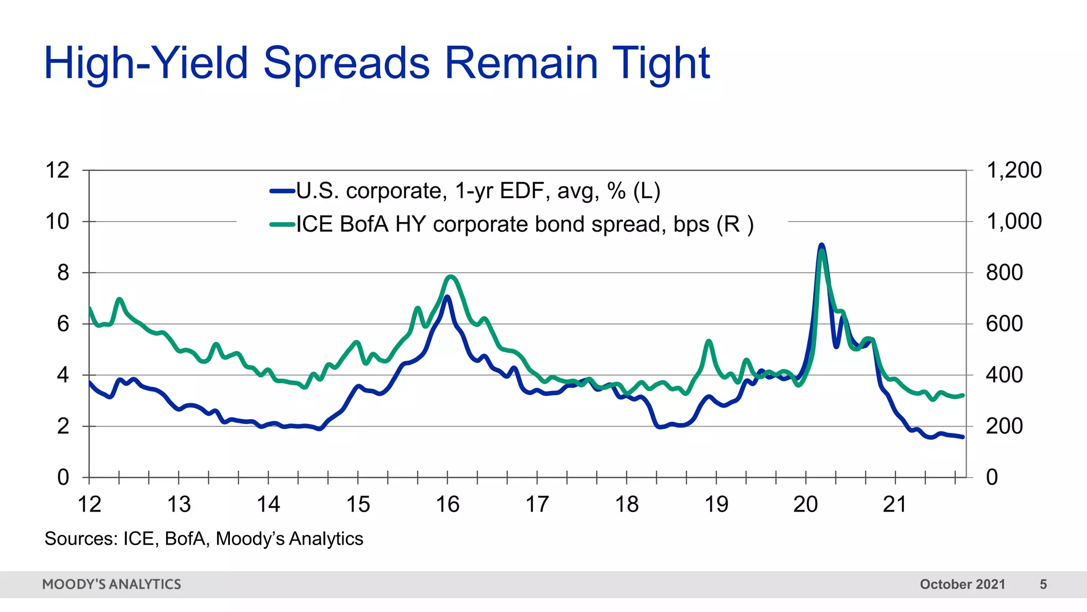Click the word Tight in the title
[x=660, y=63]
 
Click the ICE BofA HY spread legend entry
[x=512, y=224]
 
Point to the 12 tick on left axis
[x=57, y=171]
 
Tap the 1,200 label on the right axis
[x=1013, y=171]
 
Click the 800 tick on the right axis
[x=1004, y=273]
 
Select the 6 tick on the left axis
[x=63, y=324]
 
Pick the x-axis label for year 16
[x=447, y=504]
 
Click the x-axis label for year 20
[x=805, y=504]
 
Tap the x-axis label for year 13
[x=179, y=504]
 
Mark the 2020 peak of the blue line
[x=821, y=245]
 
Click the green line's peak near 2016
[x=451, y=276]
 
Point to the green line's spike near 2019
[x=709, y=342]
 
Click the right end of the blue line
[x=962, y=437]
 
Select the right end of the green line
[x=962, y=395]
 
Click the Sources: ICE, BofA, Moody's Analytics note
[x=204, y=539]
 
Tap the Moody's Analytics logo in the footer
[x=111, y=584]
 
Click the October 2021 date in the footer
[x=962, y=584]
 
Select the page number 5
[x=1043, y=584]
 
